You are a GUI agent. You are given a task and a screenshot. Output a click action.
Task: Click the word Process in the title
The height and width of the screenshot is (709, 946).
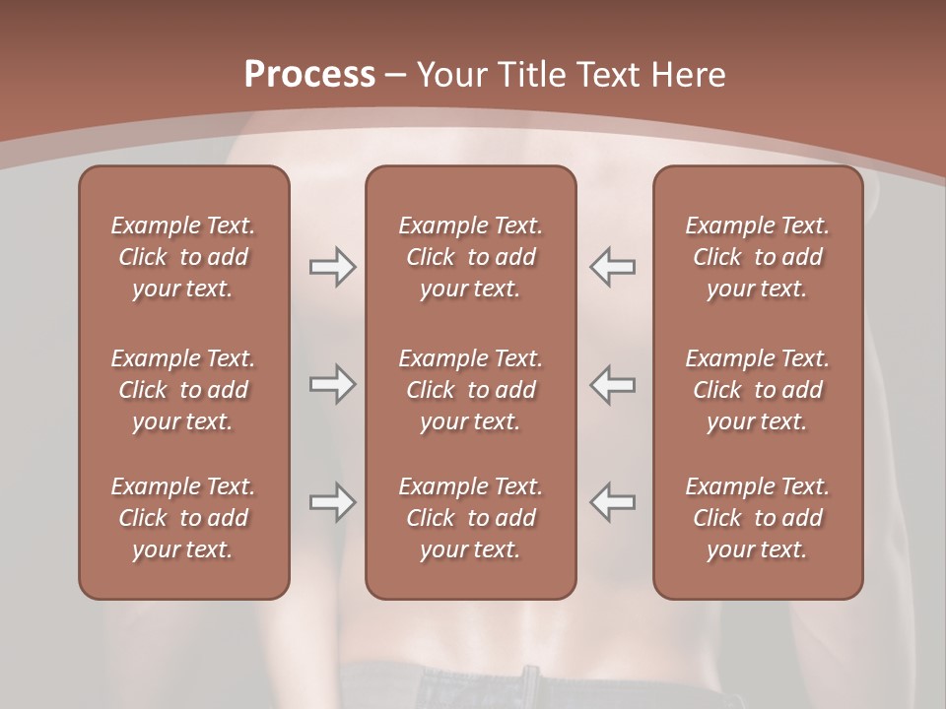(309, 75)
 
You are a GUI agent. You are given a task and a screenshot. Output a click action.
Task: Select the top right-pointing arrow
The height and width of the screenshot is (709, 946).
(332, 266)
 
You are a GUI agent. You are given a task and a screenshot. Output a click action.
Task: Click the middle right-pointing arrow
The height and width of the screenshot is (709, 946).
(332, 384)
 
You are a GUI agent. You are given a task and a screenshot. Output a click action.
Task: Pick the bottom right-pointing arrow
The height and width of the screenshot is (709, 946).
(332, 502)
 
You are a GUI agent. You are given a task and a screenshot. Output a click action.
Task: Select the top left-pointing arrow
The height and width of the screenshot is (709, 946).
(613, 266)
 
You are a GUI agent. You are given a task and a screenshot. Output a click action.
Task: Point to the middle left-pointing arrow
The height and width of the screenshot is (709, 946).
(613, 384)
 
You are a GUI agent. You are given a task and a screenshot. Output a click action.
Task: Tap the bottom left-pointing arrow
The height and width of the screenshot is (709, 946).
(613, 502)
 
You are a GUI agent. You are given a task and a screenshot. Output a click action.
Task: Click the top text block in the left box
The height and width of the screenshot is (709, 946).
(183, 257)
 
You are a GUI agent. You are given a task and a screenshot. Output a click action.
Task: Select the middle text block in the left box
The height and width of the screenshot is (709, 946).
(183, 390)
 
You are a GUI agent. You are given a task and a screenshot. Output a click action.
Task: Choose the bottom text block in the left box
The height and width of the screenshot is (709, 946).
(183, 518)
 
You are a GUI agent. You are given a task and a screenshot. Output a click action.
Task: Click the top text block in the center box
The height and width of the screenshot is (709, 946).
(471, 257)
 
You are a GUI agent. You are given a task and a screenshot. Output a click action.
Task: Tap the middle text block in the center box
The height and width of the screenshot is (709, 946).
(471, 390)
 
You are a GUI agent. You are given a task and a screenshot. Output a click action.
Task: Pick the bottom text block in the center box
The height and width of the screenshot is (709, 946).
(471, 518)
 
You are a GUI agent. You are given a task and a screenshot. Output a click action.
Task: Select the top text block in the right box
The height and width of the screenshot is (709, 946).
(758, 257)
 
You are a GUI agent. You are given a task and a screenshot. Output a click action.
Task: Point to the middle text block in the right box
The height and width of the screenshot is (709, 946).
(758, 390)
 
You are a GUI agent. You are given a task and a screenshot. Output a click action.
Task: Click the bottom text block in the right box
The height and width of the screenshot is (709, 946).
(758, 518)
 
